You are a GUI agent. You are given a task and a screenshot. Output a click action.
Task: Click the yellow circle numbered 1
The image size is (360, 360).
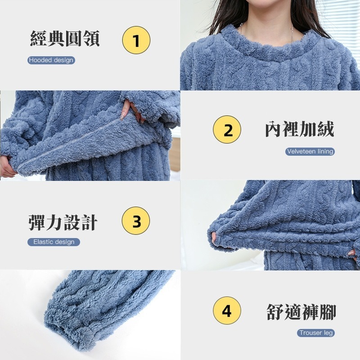pyautogui.click(x=136, y=40)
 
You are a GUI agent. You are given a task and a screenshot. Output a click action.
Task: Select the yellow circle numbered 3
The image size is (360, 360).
pyautogui.click(x=136, y=221)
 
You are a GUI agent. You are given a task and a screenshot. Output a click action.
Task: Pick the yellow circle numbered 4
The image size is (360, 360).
pyautogui.click(x=227, y=310)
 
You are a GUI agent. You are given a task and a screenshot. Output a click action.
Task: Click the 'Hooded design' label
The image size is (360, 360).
pyautogui.click(x=51, y=60)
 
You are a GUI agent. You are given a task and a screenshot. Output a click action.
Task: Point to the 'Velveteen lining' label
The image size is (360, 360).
pyautogui.click(x=310, y=152)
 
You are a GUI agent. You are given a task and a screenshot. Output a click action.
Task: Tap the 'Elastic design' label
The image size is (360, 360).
pyautogui.click(x=54, y=242)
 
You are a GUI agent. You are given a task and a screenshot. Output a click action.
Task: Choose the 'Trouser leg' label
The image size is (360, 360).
pyautogui.click(x=316, y=333)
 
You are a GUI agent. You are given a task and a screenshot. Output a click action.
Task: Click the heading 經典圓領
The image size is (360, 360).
pyautogui.click(x=65, y=39)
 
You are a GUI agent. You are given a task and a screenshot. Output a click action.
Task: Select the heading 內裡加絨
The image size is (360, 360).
pyautogui.click(x=299, y=130)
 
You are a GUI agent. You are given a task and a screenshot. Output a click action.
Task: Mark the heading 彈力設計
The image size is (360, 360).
pyautogui.click(x=63, y=221)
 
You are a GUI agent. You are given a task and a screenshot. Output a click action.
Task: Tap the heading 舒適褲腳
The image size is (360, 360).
pyautogui.click(x=301, y=312)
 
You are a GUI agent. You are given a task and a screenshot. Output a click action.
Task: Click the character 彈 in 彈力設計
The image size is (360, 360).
pyautogui.click(x=37, y=221)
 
